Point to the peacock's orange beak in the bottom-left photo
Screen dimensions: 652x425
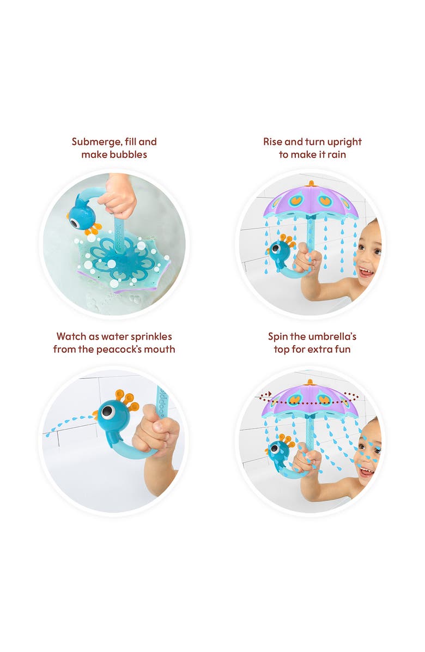[x=96, y=415]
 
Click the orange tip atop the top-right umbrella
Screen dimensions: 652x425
[x=311, y=183]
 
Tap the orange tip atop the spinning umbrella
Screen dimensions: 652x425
[x=311, y=382]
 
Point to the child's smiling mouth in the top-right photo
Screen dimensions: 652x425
[x=366, y=271]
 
